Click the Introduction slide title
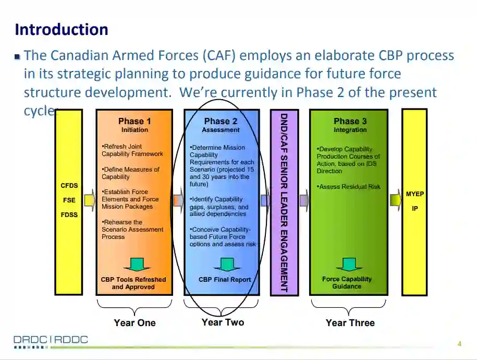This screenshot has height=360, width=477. pos(62,29)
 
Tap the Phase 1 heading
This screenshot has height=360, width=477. pos(134,121)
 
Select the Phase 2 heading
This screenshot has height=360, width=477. pos(221,121)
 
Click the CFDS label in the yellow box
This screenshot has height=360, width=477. pos(69,185)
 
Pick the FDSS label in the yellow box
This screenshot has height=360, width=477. pos(69,214)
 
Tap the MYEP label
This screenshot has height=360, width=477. pos(415,194)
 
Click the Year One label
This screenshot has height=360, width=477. pos(134,323)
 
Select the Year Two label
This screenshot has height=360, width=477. pos(223,322)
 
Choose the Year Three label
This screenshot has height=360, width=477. pos(350,323)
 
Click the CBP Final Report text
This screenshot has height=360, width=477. pos(225,280)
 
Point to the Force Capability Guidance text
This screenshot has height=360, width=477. pos(347,283)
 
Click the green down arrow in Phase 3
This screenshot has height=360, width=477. pos(349,264)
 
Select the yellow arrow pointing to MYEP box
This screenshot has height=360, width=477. pos(395,200)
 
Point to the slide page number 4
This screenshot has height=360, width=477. pos(459,343)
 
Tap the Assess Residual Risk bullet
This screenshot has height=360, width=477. pos(349,187)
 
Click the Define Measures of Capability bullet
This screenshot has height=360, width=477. pos(130,173)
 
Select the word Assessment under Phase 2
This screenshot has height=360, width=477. pos(221,130)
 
